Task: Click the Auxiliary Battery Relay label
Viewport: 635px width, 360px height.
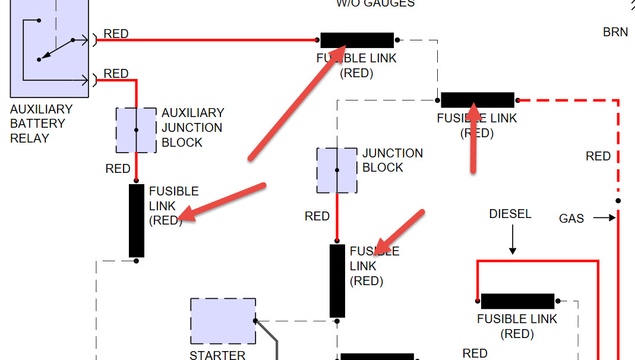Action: pyautogui.click(x=41, y=124)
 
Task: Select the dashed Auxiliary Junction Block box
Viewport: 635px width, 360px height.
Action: pyautogui.click(x=136, y=130)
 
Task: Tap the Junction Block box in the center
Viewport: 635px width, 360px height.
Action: pyautogui.click(x=337, y=170)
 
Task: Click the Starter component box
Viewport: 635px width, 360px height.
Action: pyautogui.click(x=223, y=321)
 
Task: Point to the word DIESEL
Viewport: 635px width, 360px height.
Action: pyautogui.click(x=510, y=214)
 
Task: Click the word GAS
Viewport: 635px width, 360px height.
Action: pyautogui.click(x=571, y=219)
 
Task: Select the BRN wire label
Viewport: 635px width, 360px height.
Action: pyautogui.click(x=615, y=32)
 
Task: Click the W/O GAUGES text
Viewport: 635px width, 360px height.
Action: pyautogui.click(x=375, y=4)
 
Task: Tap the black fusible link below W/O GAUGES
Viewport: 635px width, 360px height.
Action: pyautogui.click(x=357, y=40)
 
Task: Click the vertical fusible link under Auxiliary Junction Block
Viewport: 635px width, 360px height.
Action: pyautogui.click(x=137, y=220)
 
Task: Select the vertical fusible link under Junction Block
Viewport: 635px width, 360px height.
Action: pyautogui.click(x=337, y=281)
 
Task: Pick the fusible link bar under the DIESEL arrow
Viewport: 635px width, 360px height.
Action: pyautogui.click(x=517, y=301)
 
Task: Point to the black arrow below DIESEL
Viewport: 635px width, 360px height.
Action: pyautogui.click(x=512, y=242)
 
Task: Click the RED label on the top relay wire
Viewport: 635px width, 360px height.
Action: pyautogui.click(x=116, y=34)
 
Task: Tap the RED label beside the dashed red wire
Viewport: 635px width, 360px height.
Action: pyautogui.click(x=598, y=156)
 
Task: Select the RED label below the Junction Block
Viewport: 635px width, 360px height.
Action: pyautogui.click(x=317, y=216)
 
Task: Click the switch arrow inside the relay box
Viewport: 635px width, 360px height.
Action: pyautogui.click(x=55, y=50)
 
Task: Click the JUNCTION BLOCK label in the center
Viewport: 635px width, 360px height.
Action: pyautogui.click(x=393, y=160)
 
